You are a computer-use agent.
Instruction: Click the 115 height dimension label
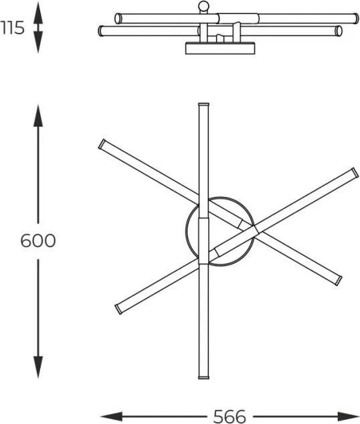point(13,27)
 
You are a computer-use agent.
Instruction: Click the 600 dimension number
point(38,240)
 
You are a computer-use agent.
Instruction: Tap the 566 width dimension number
point(230,416)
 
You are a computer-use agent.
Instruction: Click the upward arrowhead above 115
point(38,13)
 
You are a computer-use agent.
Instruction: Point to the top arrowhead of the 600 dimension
point(38,115)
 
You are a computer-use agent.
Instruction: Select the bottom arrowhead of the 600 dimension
point(38,368)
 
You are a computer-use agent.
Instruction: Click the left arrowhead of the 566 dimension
point(111,416)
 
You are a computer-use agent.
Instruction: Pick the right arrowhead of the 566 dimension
point(348,416)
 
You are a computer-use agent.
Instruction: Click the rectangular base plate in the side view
point(220,48)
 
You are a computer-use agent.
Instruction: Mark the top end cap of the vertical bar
point(204,104)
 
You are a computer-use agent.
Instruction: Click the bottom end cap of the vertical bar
point(204,377)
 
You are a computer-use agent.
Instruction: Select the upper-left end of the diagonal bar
point(102,144)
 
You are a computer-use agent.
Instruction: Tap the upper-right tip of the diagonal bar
point(355,173)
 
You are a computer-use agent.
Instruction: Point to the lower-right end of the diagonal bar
point(339,280)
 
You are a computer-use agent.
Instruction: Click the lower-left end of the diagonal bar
point(118,309)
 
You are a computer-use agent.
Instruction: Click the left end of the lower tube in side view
point(101,31)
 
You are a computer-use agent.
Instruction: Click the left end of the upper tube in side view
point(117,18)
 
